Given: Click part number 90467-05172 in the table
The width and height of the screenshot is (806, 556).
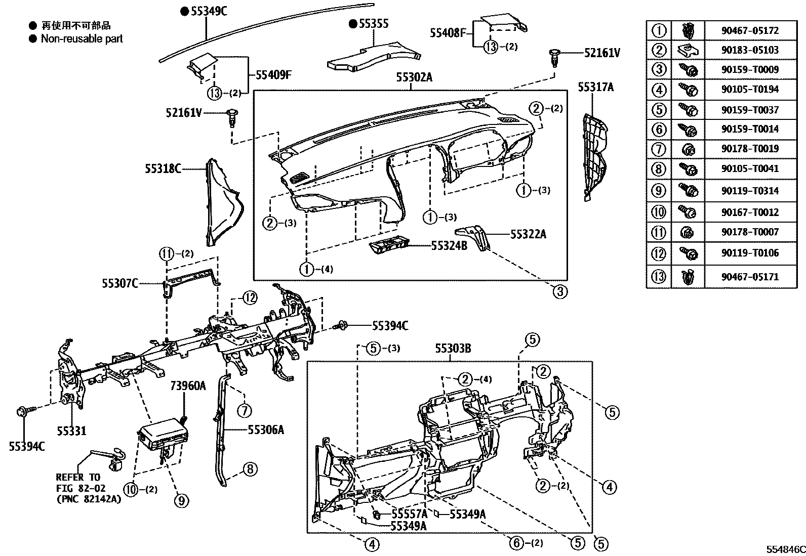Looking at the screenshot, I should coord(750,31).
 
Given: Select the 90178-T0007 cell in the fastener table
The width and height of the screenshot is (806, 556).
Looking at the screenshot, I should coord(750,232).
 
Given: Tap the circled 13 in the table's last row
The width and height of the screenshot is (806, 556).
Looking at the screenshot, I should coord(659,277).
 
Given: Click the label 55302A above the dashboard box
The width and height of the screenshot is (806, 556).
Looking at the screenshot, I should coord(414,77).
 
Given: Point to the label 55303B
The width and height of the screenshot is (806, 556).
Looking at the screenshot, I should coord(453,349).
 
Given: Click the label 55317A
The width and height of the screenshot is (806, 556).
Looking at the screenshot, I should coord(595,87).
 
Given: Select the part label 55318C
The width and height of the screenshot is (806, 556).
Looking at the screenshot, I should coord(163,168).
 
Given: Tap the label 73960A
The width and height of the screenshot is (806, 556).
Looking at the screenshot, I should coord(188,387).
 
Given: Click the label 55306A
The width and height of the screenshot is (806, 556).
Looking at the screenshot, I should coord(266,430).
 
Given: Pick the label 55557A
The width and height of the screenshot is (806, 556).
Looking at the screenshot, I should coord(409,515).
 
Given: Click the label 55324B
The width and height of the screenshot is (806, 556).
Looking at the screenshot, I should coord(449,246).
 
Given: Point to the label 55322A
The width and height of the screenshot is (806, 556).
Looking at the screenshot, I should coord(528,234).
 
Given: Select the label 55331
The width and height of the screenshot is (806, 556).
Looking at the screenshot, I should coord(71,431).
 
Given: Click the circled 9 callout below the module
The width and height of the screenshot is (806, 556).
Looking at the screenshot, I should coord(181,501).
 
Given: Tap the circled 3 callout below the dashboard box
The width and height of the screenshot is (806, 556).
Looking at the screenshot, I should coord(560,292).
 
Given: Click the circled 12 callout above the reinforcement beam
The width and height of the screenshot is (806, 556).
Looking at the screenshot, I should coord(249,298).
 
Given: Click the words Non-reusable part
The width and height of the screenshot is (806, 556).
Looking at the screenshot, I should coord(82,38).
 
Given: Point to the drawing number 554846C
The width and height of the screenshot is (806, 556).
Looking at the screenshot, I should coord(785,549).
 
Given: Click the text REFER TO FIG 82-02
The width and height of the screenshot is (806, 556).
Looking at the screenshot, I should coord(78,483).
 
